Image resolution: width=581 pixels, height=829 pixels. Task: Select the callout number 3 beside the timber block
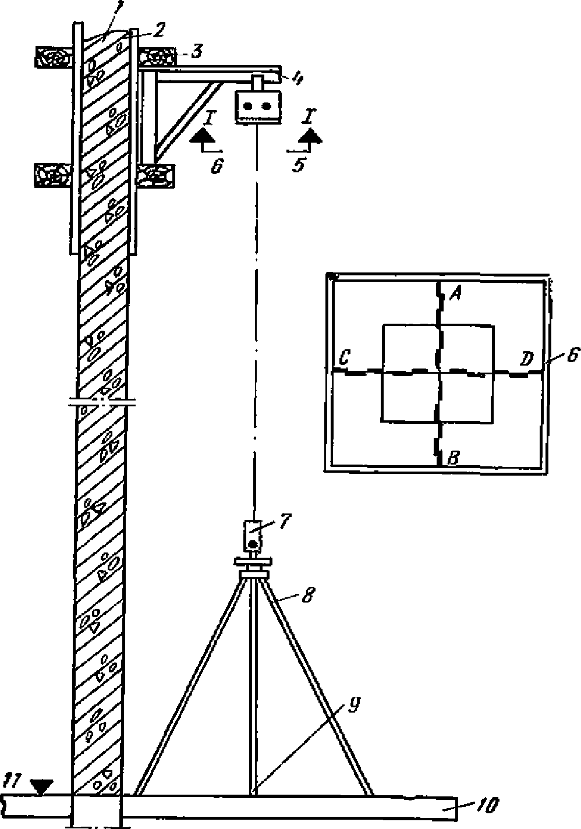196,52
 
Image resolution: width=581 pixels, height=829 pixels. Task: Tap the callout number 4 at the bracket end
297,79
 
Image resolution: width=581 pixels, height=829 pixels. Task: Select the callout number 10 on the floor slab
488,806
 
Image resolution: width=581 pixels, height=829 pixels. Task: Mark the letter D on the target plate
527,359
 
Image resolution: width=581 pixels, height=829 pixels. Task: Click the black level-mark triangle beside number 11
40,787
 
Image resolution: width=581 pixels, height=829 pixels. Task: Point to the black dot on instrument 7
253,544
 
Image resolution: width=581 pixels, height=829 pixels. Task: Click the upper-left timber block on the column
54,57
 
